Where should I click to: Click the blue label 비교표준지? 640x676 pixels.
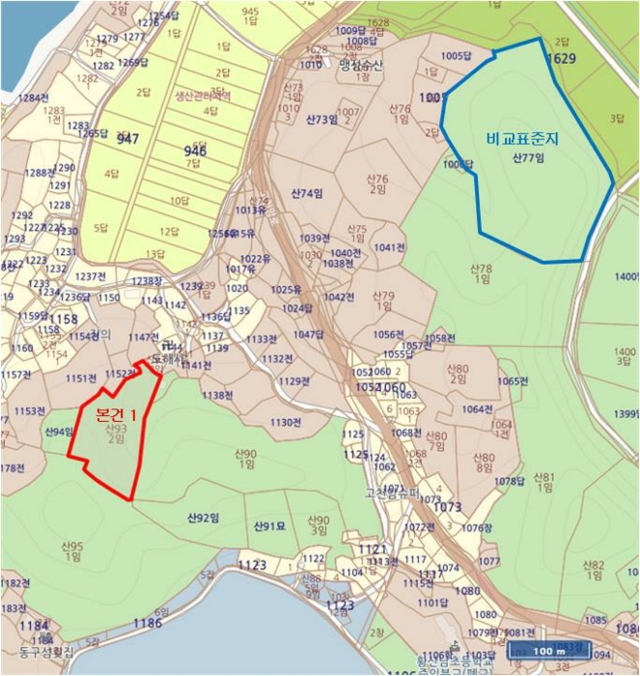(x=525, y=139)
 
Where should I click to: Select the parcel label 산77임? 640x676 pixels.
(x=528, y=156)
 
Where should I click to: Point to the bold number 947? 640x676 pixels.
(x=127, y=139)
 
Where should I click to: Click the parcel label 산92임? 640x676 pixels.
(x=203, y=518)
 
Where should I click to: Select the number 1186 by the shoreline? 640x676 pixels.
(x=147, y=623)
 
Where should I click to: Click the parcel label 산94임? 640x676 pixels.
(x=59, y=432)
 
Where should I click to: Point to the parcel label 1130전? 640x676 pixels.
(x=286, y=423)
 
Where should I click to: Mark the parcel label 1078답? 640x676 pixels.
(x=509, y=481)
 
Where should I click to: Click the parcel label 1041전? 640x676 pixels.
(x=390, y=248)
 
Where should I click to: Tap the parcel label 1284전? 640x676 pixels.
(x=34, y=98)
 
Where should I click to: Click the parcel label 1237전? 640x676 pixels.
(x=90, y=276)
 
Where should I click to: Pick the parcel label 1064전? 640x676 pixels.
(x=476, y=409)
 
